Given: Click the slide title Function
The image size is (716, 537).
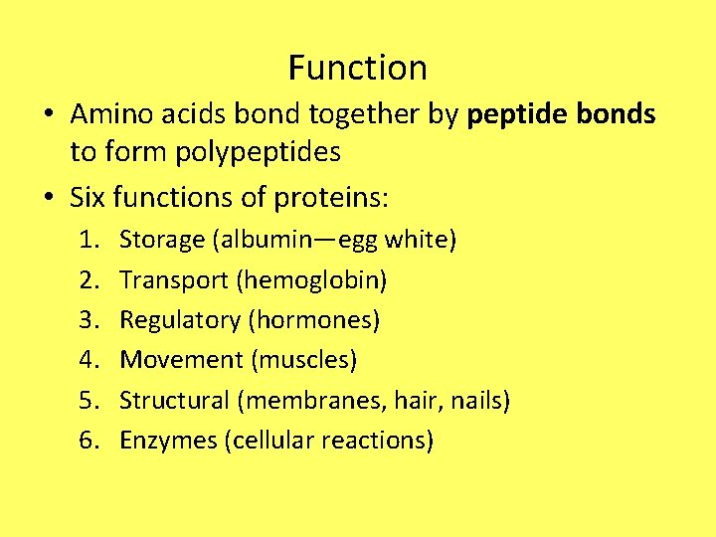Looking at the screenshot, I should [358, 68].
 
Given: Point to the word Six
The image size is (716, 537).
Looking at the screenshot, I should [89, 197].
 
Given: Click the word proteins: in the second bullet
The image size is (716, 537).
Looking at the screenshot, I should [338, 197].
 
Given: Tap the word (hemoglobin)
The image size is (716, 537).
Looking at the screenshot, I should [311, 279].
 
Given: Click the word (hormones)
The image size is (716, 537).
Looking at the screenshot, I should [314, 320].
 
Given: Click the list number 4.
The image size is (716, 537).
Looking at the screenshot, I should [90, 359].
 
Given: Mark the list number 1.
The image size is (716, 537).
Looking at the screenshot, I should [90, 240].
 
